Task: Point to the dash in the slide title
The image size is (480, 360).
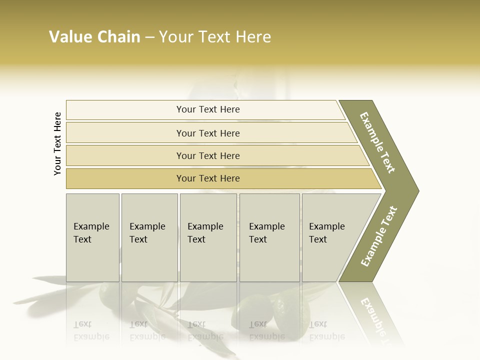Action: [x=149, y=37]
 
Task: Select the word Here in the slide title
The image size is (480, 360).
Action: [x=253, y=37]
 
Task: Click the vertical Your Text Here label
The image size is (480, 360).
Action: [x=57, y=143]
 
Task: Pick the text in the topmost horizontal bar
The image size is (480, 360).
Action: [x=208, y=109]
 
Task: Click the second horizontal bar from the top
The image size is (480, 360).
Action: [x=208, y=133]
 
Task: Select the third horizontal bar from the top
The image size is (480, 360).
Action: [x=208, y=156]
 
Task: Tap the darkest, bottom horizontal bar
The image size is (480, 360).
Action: [x=208, y=178]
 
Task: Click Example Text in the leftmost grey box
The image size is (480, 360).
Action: [x=91, y=233]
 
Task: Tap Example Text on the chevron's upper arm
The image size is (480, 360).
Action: [x=378, y=142]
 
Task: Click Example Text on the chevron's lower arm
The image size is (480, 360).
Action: [x=379, y=236]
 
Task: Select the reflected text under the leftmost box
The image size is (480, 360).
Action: [x=91, y=330]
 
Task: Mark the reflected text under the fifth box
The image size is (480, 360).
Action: [x=327, y=330]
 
